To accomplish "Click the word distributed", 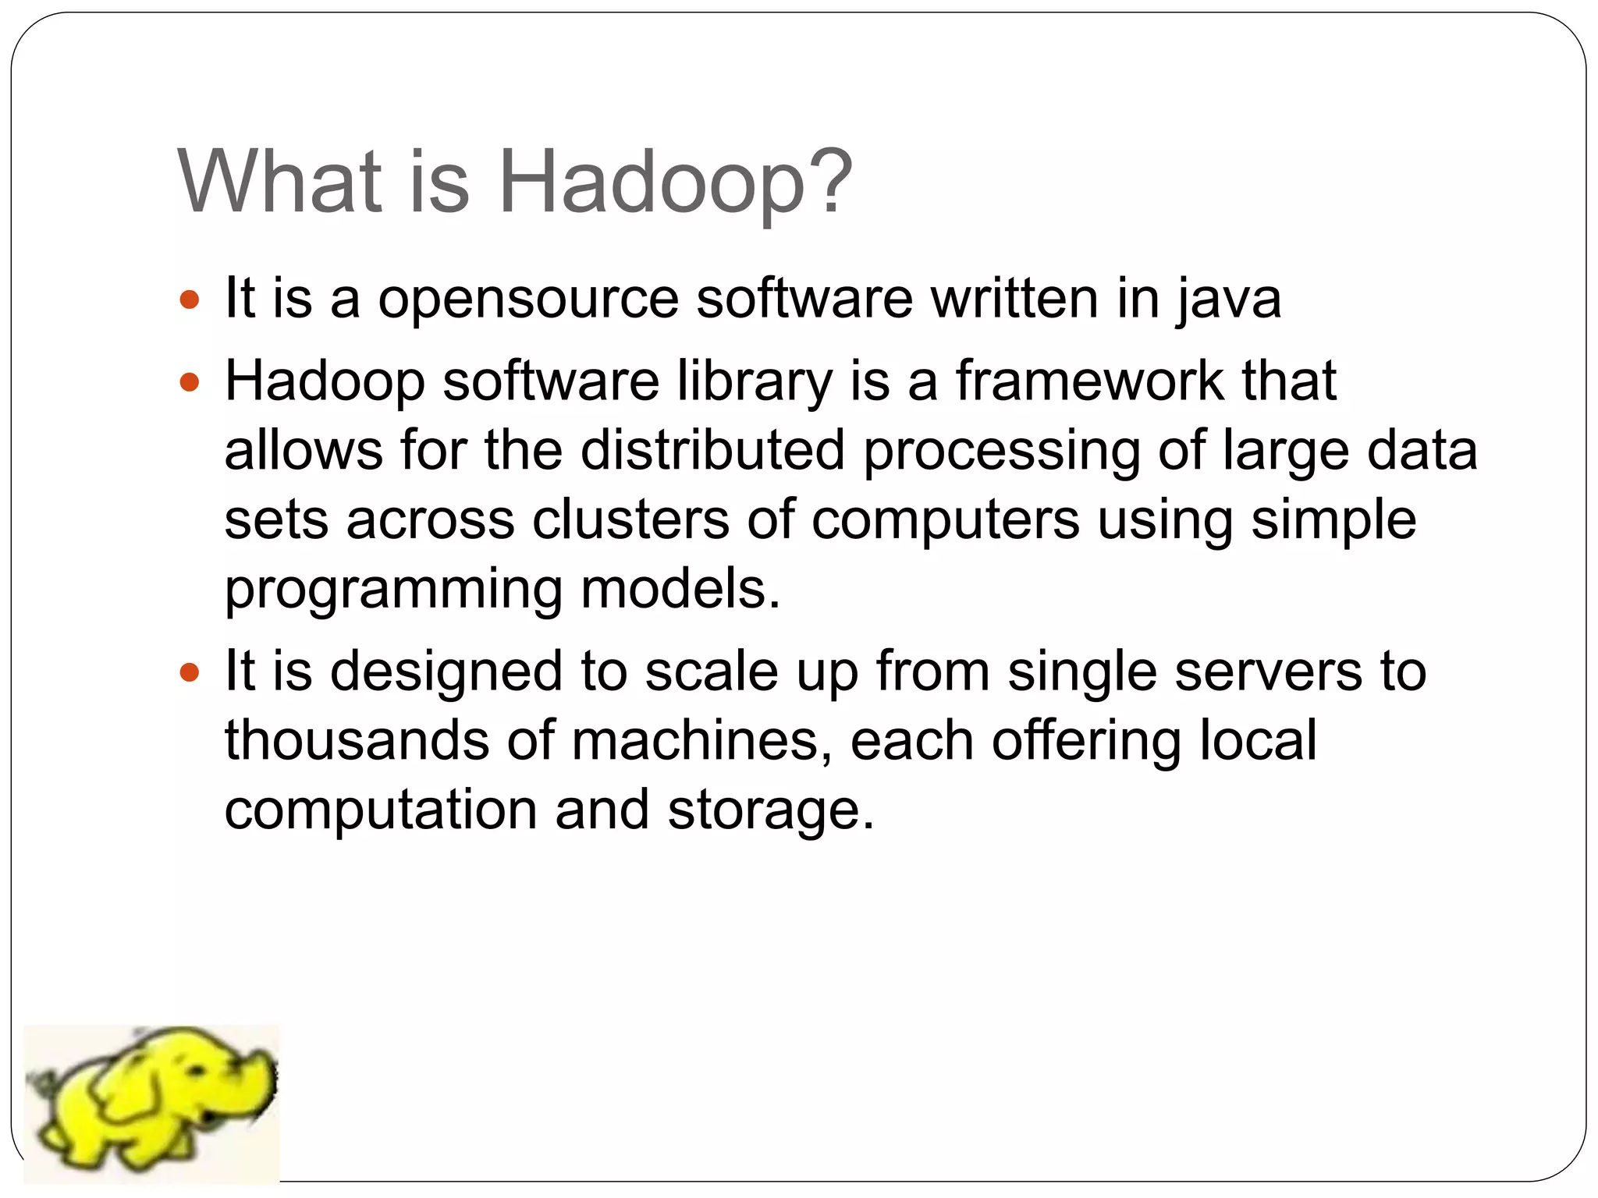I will pos(712,450).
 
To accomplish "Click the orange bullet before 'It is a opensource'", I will pos(190,299).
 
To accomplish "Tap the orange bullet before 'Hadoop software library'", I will pos(190,383).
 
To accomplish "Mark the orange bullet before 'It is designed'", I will pos(190,672).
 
